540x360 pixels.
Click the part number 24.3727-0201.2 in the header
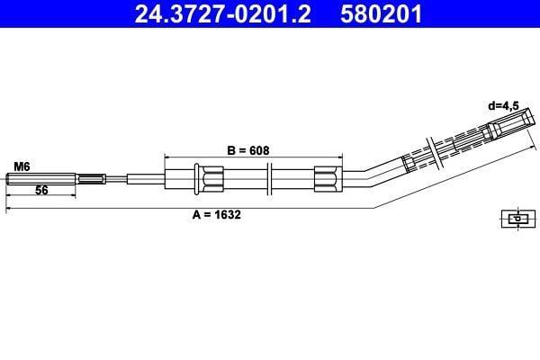tap(222, 13)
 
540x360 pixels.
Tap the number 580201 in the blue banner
tap(381, 13)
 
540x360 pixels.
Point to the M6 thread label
tap(22, 166)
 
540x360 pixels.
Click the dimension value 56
tap(41, 190)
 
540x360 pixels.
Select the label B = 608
tap(248, 150)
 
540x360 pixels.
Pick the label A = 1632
tap(216, 214)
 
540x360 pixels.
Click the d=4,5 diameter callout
tap(503, 106)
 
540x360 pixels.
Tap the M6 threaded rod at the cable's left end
tap(41, 179)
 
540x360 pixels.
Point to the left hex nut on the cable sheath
tap(212, 179)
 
